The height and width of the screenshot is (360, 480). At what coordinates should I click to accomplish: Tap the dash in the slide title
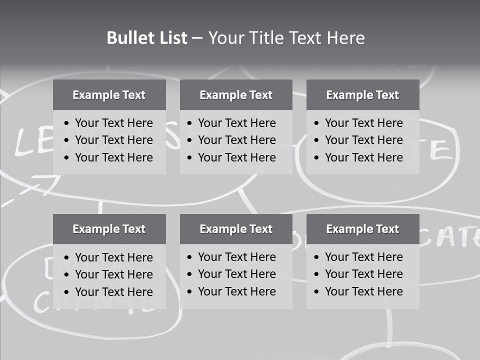[197, 38]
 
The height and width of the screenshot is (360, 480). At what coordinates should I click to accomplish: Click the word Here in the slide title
[345, 38]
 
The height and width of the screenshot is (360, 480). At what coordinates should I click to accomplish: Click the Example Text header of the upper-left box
[109, 95]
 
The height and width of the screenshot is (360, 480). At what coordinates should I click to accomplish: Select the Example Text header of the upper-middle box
[236, 95]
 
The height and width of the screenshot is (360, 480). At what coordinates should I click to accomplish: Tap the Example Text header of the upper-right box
[362, 95]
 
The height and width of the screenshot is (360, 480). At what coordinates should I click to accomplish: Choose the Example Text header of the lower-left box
[109, 229]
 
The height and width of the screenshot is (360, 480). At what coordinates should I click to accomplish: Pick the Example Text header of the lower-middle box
[236, 229]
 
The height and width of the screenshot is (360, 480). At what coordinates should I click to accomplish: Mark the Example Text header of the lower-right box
[362, 229]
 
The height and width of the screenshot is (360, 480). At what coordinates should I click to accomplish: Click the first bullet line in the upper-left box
[113, 123]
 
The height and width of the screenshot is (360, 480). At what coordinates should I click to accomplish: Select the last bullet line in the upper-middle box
[236, 157]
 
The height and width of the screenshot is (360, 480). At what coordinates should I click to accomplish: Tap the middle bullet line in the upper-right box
[363, 140]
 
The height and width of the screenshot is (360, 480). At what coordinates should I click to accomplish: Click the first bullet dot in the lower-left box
[67, 258]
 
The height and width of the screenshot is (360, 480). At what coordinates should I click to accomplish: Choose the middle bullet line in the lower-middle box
[236, 274]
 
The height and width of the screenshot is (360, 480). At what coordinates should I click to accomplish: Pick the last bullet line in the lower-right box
[363, 291]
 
